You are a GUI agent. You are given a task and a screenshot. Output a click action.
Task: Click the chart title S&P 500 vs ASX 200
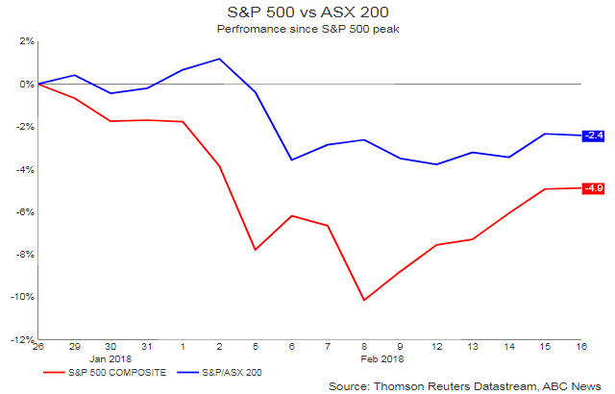tap(308, 12)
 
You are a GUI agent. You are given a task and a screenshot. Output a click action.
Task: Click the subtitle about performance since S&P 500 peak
tap(308, 29)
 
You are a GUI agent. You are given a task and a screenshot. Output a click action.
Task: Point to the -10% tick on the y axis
tap(21, 297)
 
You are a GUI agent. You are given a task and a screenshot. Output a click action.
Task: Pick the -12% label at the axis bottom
tap(21, 339)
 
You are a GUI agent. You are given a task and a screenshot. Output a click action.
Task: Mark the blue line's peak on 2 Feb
tap(220, 59)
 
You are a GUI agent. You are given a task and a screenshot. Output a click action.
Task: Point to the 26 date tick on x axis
tap(39, 346)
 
